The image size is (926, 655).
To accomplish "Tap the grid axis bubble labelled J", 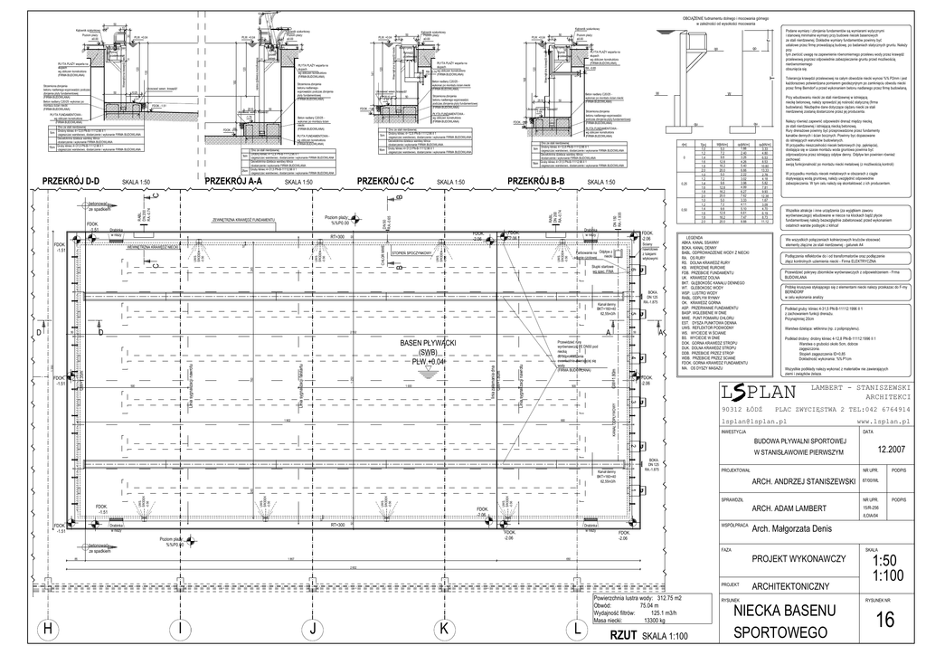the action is (313, 628).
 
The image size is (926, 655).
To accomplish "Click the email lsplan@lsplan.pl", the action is (750, 422).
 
